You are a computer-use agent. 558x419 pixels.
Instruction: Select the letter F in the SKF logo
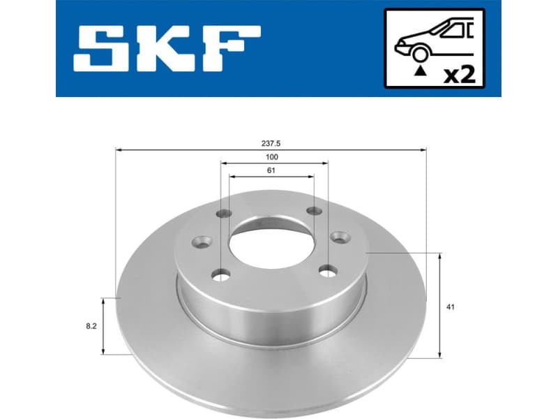tap(234, 49)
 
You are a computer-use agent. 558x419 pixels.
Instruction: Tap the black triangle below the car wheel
tap(419, 71)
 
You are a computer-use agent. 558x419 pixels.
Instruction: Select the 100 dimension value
tap(273, 157)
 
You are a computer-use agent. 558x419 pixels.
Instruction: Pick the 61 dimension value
tap(271, 170)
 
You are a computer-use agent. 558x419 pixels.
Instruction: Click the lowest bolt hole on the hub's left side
tap(221, 274)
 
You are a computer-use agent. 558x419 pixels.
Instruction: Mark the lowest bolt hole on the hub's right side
tap(326, 270)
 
